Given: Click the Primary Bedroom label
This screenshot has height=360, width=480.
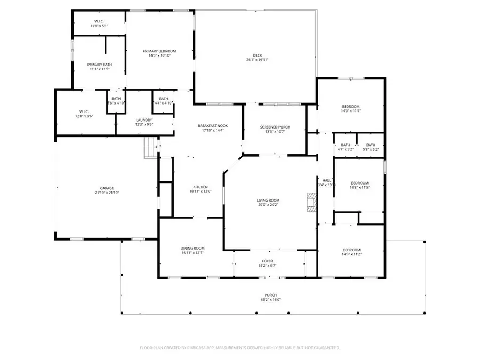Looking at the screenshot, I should pyautogui.click(x=159, y=51).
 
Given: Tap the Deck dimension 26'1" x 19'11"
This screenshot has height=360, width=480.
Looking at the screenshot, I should pyautogui.click(x=257, y=60).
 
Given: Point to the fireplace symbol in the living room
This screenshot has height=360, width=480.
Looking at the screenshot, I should pyautogui.click(x=310, y=203).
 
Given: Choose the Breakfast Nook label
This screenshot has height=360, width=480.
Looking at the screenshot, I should pyautogui.click(x=213, y=126).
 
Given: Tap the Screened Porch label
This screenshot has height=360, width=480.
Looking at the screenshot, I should pyautogui.click(x=275, y=127).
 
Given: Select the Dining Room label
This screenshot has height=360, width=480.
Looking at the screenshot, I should pyautogui.click(x=193, y=249).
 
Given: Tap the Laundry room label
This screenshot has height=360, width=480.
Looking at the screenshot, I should pyautogui.click(x=144, y=120).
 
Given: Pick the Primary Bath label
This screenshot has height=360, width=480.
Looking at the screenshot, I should pyautogui.click(x=100, y=65).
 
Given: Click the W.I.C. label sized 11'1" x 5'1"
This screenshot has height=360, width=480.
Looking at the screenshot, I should pyautogui.click(x=99, y=21).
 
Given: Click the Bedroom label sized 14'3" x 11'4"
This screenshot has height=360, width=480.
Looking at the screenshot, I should pyautogui.click(x=351, y=106).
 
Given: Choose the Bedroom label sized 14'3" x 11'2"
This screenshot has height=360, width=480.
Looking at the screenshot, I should pyautogui.click(x=351, y=250).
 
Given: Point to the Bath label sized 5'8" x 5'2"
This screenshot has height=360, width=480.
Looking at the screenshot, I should pyautogui.click(x=371, y=145).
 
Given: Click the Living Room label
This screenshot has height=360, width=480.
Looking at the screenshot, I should pyautogui.click(x=268, y=201).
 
